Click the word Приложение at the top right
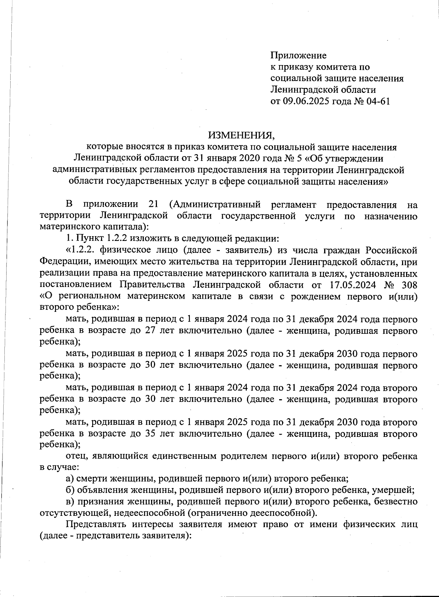pos(298,56)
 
